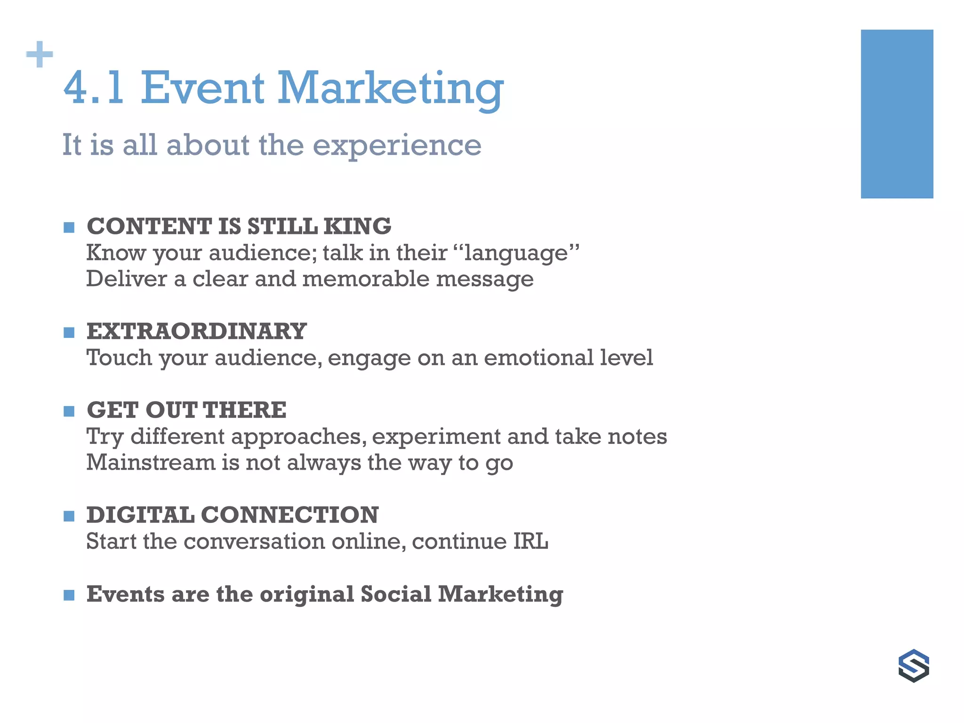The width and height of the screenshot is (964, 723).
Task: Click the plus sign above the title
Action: pyautogui.click(x=40, y=55)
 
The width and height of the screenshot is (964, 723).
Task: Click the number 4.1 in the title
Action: pyautogui.click(x=94, y=88)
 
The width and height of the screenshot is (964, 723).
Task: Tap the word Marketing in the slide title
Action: pyautogui.click(x=390, y=89)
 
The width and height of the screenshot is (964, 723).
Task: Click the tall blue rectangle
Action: pyautogui.click(x=897, y=114)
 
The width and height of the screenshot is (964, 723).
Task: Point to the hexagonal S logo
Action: pyautogui.click(x=913, y=666)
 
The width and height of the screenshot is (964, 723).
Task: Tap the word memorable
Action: pyautogui.click(x=366, y=279)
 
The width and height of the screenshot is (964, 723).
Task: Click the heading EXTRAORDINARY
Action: pyautogui.click(x=196, y=331)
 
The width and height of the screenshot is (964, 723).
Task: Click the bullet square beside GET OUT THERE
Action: pyautogui.click(x=69, y=412)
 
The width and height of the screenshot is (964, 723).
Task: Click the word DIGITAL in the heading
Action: pyautogui.click(x=140, y=515)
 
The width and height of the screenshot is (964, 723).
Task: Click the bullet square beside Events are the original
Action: pyautogui.click(x=69, y=595)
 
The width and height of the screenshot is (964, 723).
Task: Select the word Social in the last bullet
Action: pyautogui.click(x=396, y=594)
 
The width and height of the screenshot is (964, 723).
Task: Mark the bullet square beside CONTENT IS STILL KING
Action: pyautogui.click(x=69, y=228)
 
